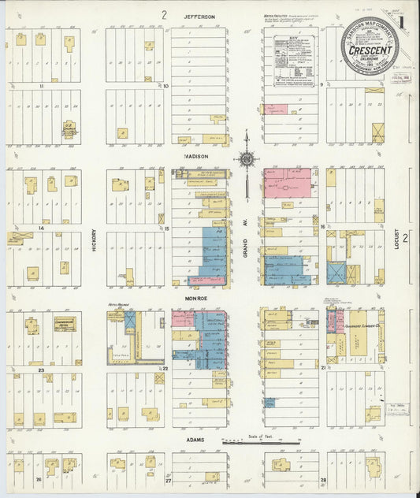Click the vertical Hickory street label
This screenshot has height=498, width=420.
[94, 240]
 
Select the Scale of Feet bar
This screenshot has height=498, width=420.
[262, 443]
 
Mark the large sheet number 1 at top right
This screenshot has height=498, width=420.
[404, 19]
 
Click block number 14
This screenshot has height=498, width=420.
[39, 228]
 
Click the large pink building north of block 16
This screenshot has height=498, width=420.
[287, 183]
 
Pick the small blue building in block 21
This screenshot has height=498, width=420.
[269, 402]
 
